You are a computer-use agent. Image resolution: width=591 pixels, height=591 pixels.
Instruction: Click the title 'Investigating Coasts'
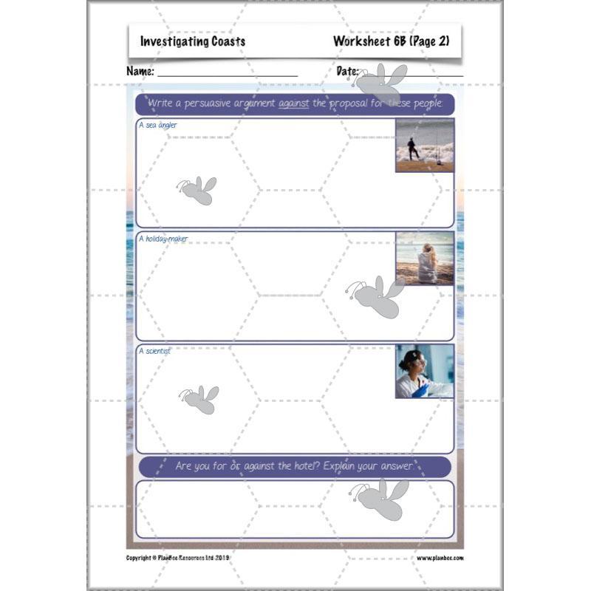(193, 42)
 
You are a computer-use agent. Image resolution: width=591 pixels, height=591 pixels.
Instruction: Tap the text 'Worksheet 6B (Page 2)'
(391, 41)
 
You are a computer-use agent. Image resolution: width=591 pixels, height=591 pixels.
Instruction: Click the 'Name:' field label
(140, 72)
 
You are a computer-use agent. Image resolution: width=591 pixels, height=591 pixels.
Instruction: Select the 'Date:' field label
(347, 72)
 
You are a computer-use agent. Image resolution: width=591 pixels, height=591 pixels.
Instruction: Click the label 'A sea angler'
(158, 126)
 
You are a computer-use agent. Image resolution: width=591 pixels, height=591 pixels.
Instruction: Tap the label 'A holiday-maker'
(163, 239)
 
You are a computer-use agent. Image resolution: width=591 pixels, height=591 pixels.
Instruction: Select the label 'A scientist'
(154, 352)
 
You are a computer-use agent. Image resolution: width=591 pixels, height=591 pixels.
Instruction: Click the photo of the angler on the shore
(425, 146)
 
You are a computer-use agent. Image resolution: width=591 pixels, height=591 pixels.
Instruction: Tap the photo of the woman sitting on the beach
(425, 259)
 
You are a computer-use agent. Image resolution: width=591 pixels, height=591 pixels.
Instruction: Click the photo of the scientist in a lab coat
(425, 372)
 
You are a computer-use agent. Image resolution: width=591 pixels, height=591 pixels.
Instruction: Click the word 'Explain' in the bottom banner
(357, 467)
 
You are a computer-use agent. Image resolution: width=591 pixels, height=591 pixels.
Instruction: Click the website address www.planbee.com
(440, 558)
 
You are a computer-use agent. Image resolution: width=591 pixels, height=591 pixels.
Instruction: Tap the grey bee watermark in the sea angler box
(197, 191)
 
